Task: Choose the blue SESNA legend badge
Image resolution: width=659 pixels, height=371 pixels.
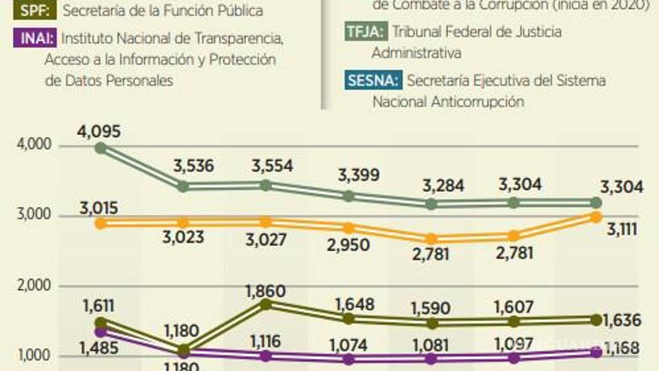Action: click(x=372, y=81)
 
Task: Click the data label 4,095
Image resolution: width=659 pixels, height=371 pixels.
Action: click(x=99, y=132)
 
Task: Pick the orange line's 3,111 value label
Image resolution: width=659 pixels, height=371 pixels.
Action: click(x=622, y=230)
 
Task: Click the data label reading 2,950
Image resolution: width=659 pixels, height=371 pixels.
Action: click(x=348, y=246)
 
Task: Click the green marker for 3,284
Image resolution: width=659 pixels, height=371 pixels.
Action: click(x=432, y=204)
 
